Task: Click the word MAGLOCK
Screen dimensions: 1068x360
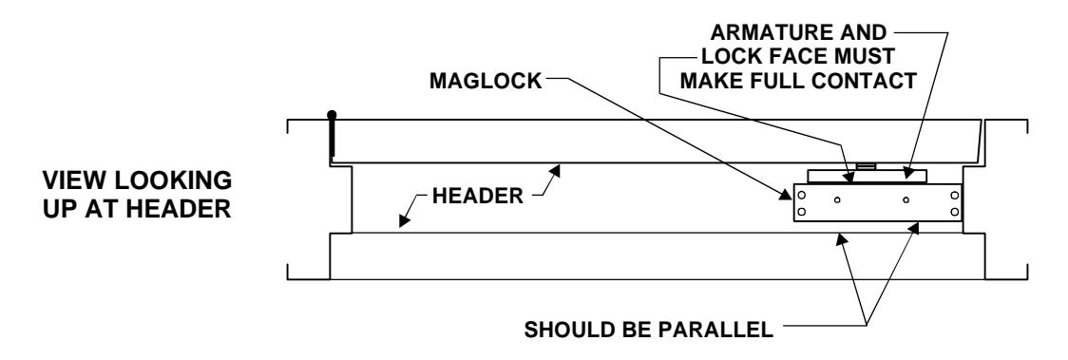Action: click(x=486, y=81)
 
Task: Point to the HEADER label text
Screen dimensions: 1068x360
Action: click(x=478, y=196)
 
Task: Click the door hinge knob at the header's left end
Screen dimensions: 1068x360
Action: click(x=331, y=115)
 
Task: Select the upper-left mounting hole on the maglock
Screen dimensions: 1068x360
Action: click(x=802, y=196)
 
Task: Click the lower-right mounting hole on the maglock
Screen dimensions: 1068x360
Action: click(x=954, y=212)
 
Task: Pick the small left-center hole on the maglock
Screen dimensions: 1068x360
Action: click(x=837, y=199)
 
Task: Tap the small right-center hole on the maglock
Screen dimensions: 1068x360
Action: click(x=906, y=199)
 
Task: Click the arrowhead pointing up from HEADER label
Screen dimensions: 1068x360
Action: click(x=558, y=169)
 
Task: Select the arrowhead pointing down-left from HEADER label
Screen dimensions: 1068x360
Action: click(x=404, y=220)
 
